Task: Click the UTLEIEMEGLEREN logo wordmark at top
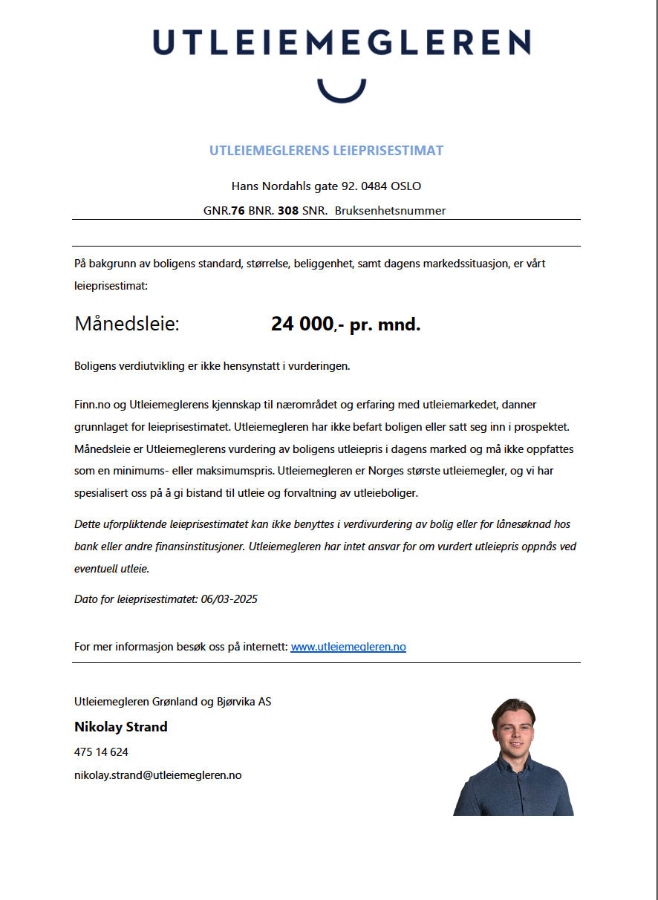[342, 42]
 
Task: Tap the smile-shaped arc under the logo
[342, 91]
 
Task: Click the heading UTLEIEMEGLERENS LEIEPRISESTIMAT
[326, 151]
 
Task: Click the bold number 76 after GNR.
[238, 211]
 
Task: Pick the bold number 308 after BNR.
[288, 211]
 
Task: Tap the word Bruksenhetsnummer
[390, 211]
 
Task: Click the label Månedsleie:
[127, 325]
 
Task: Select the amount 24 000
[302, 325]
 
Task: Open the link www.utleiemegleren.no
[348, 647]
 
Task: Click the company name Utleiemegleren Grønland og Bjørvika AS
[172, 702]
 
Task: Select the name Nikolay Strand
[120, 727]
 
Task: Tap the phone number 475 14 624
[101, 752]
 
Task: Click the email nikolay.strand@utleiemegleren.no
[157, 775]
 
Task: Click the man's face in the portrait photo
[514, 726]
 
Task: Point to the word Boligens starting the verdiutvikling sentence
[96, 366]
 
